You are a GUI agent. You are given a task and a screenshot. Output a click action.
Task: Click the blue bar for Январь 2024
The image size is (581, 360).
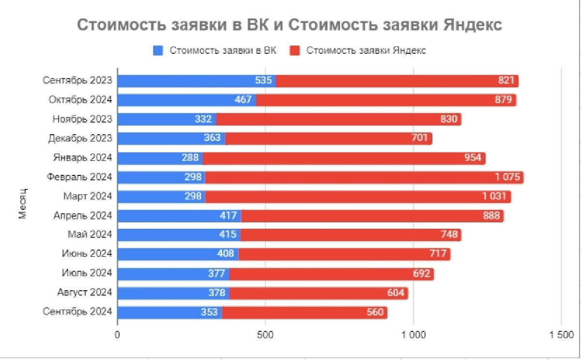coord(160,158)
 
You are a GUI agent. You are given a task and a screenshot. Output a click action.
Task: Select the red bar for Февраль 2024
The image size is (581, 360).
coord(363,177)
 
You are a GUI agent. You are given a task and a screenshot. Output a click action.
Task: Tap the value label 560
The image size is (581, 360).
coord(375,313)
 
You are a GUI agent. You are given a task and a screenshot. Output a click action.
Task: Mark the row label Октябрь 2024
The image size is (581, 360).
coord(80,100)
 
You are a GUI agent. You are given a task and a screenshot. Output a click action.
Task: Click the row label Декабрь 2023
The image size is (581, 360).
coord(80,139)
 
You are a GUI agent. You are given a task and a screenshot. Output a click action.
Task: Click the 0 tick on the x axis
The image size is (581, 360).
coord(118,335)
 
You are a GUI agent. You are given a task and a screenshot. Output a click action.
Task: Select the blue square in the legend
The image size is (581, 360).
coord(158,51)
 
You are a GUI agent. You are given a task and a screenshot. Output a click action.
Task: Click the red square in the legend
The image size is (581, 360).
coord(295,51)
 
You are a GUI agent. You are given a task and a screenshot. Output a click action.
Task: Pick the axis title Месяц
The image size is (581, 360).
coord(22,203)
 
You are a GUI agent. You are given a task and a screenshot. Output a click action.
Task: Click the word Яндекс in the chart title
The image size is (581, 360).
coord(472,26)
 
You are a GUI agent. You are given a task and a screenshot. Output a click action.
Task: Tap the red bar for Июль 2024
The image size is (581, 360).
coord(331,274)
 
